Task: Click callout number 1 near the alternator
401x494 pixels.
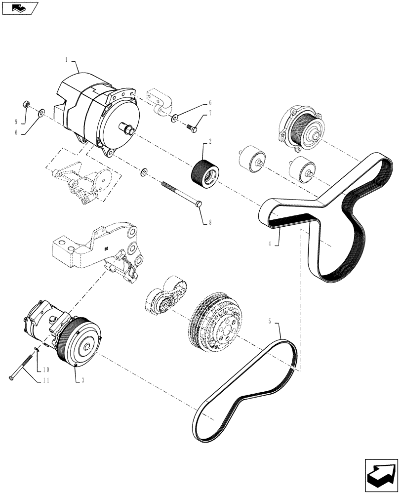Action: coord(66,59)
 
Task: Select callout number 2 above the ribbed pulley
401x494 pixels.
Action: coord(210,142)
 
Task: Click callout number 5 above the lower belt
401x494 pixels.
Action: coord(270,322)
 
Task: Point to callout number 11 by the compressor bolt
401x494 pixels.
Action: coord(44,380)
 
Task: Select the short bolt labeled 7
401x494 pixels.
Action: coord(193,128)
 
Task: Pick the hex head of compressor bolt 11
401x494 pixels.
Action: coord(11,379)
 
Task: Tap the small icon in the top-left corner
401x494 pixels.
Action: coord(19,7)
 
